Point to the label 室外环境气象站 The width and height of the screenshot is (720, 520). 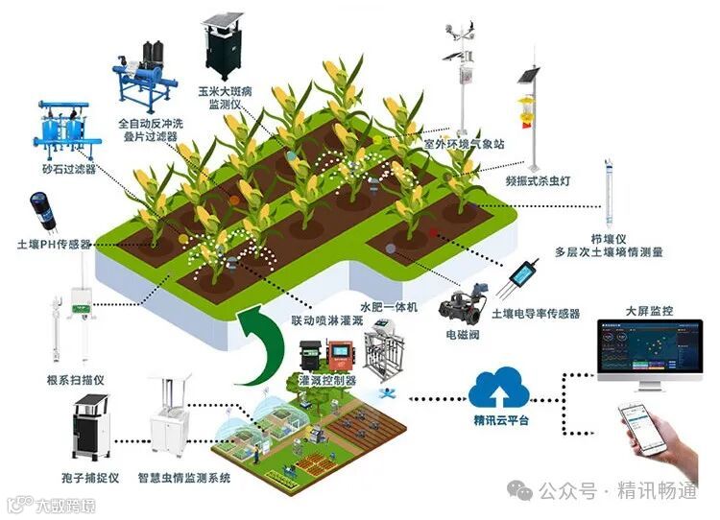tap(466, 144)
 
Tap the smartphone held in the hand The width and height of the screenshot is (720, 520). tap(644, 428)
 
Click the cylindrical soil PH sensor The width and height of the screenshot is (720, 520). tap(40, 211)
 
